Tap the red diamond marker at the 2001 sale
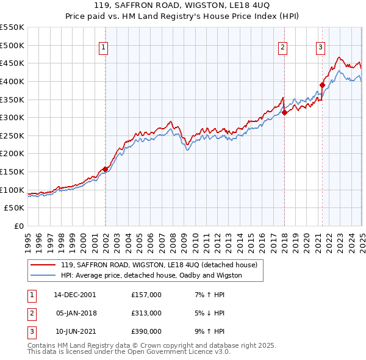105,169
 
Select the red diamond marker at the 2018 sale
284,112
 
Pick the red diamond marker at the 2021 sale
322,85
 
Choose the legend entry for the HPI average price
151,275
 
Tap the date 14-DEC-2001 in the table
75,295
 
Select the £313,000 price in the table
146,314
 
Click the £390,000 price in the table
146,332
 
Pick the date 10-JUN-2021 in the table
75,332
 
